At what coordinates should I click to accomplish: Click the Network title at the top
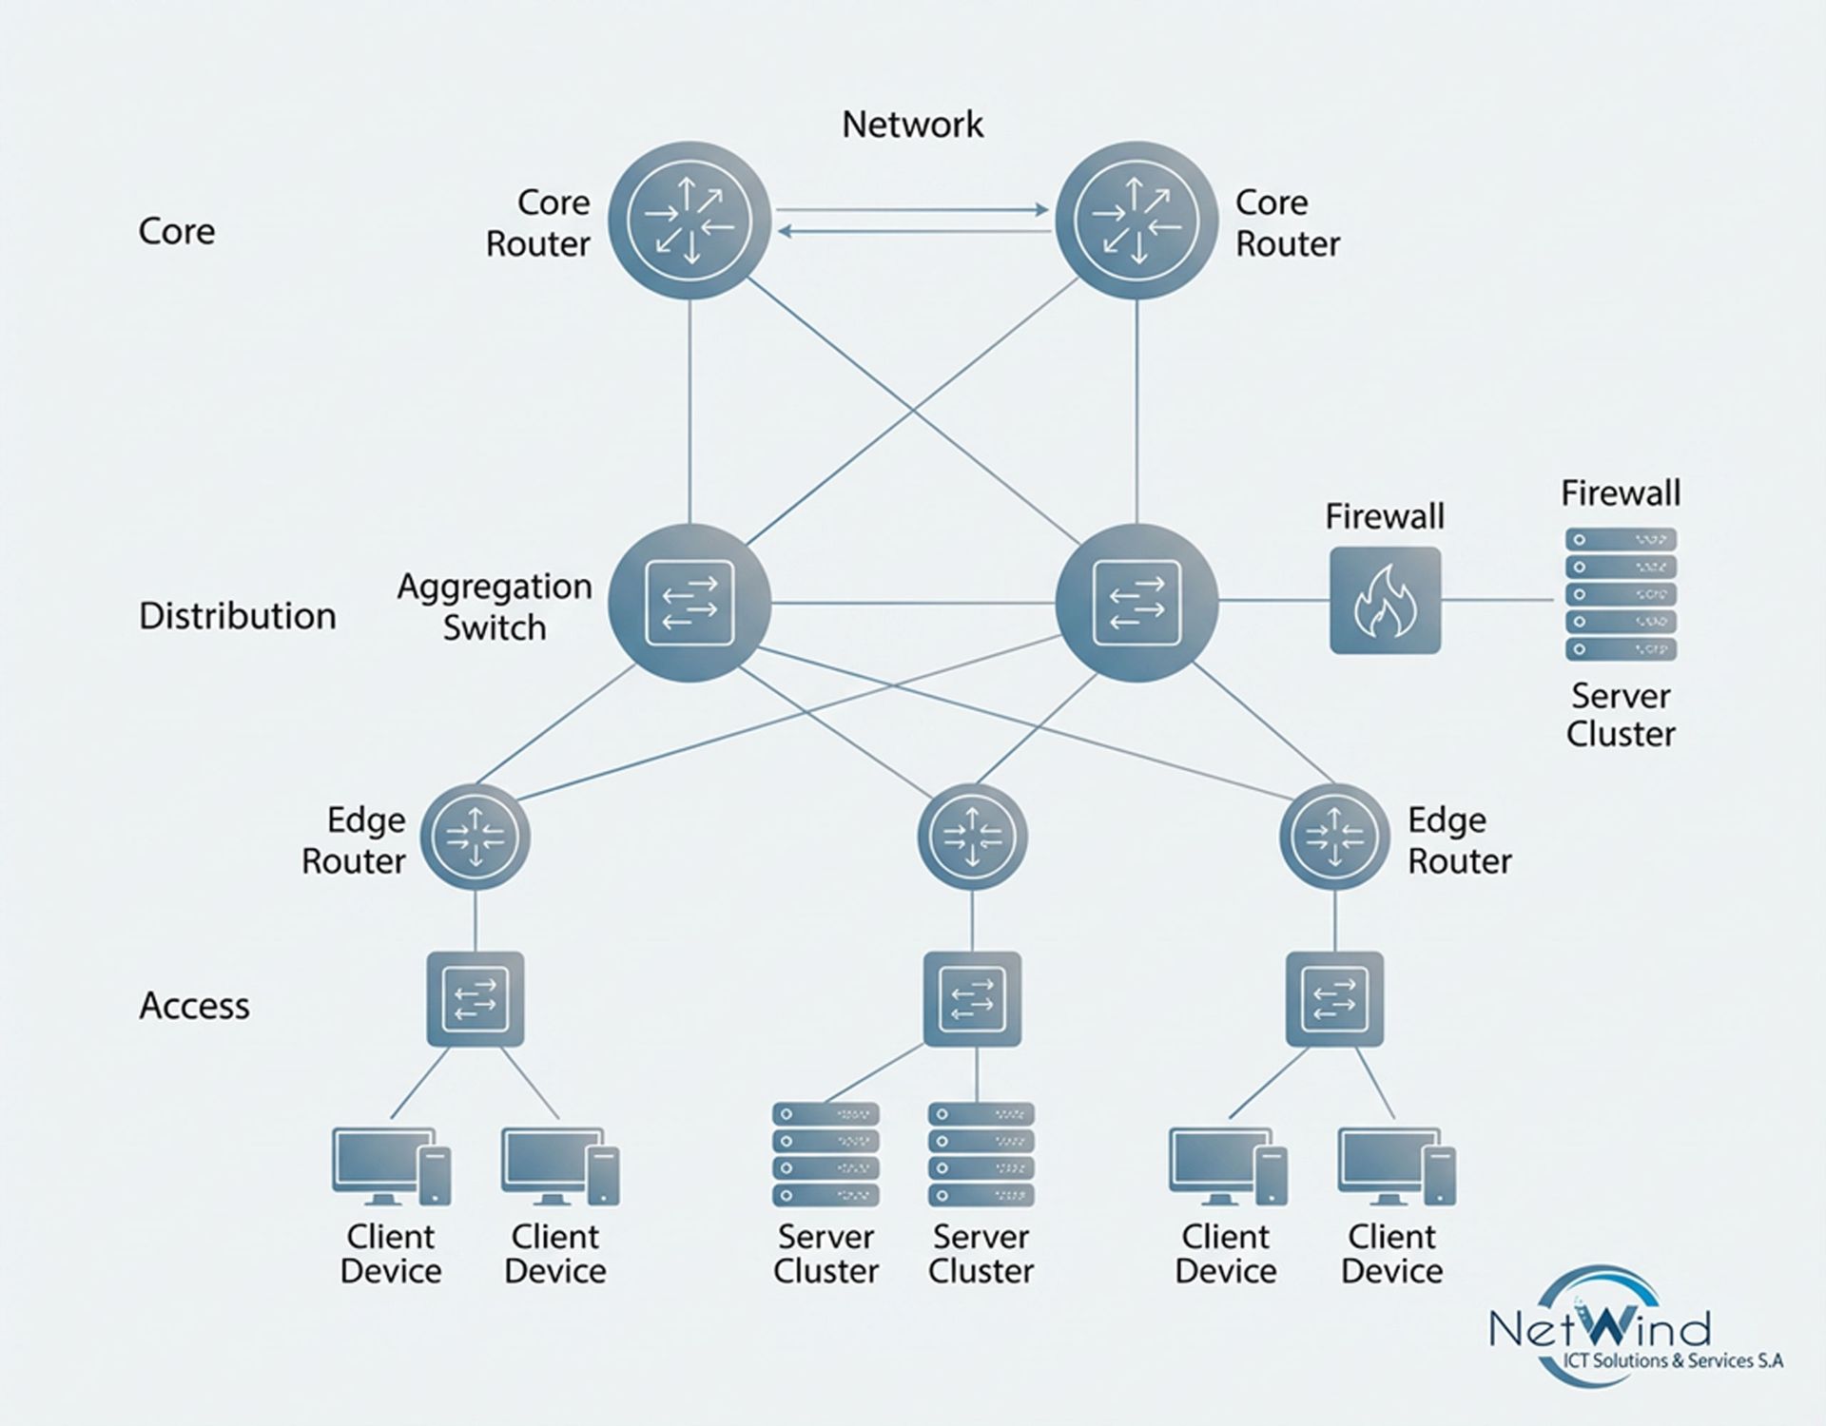click(912, 125)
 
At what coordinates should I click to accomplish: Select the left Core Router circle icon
click(690, 221)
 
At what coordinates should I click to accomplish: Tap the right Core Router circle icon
click(1136, 221)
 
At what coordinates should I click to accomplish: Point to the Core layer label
click(177, 231)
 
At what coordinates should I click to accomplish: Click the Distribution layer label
click(238, 616)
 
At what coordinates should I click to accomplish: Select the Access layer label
click(194, 1006)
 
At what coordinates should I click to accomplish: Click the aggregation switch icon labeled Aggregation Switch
click(690, 603)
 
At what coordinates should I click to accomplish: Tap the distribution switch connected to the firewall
click(1136, 603)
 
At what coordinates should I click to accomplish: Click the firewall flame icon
click(1385, 601)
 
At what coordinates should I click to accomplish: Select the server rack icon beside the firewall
click(1621, 595)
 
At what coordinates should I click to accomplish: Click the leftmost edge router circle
click(476, 837)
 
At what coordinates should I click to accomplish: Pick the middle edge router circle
click(972, 837)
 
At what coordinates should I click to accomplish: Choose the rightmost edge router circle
click(1334, 837)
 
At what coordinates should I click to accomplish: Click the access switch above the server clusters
click(972, 999)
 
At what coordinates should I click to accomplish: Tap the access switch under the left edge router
click(476, 999)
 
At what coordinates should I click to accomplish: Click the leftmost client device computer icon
click(391, 1166)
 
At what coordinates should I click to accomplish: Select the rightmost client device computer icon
click(1395, 1166)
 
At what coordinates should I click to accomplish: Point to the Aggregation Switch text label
click(495, 607)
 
